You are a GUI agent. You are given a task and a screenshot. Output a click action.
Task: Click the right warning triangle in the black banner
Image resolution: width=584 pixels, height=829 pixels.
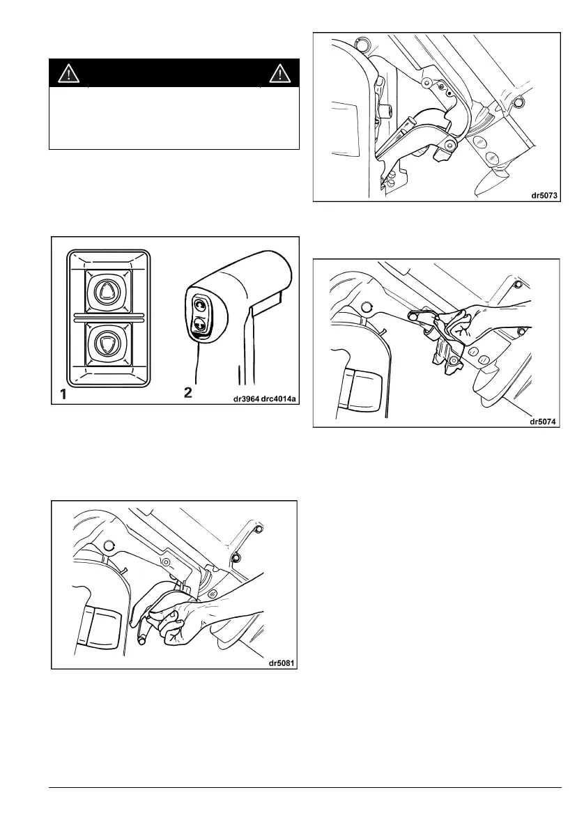279,73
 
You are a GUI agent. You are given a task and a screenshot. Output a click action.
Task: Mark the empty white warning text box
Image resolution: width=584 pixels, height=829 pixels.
174,118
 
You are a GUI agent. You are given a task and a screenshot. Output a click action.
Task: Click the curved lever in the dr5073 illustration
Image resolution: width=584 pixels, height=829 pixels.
418,136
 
